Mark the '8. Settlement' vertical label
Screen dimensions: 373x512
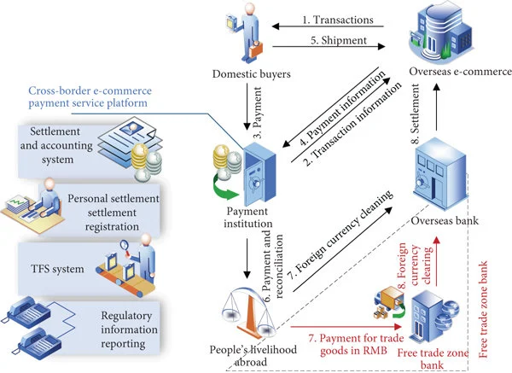coord(419,106)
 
